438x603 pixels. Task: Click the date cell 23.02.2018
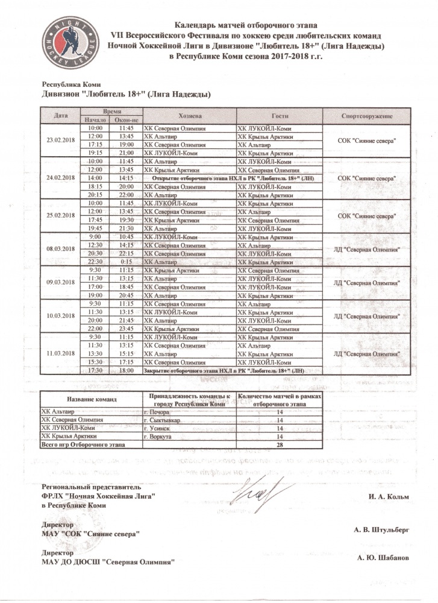pyautogui.click(x=60, y=140)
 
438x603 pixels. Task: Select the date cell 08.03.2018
pyautogui.click(x=60, y=248)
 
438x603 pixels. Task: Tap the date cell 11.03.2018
pyautogui.click(x=60, y=353)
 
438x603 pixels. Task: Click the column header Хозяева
pyautogui.click(x=190, y=116)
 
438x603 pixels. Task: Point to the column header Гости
pyautogui.click(x=280, y=116)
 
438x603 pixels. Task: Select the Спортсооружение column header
pyautogui.click(x=367, y=116)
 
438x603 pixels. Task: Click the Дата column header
pyautogui.click(x=60, y=115)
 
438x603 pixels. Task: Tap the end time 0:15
pyautogui.click(x=127, y=262)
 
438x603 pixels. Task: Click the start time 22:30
pyautogui.click(x=95, y=262)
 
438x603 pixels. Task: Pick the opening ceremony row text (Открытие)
pyautogui.click(x=232, y=179)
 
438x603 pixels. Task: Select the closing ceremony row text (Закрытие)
pyautogui.click(x=232, y=371)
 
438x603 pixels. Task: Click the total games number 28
pyautogui.click(x=279, y=445)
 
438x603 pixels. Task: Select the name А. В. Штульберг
pyautogui.click(x=381, y=529)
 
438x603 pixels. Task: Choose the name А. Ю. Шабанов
pyautogui.click(x=383, y=558)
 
